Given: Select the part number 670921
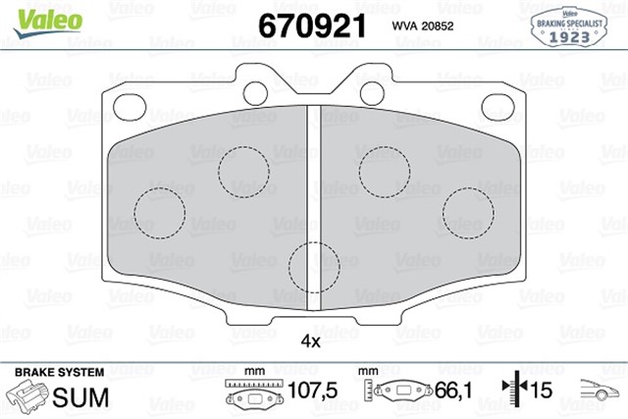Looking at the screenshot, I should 312,25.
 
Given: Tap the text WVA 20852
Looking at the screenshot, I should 423,26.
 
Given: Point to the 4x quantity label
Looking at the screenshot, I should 311,341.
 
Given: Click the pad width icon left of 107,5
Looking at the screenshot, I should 253,393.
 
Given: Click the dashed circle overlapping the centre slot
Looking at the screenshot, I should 315,264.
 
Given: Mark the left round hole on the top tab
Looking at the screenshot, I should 257,92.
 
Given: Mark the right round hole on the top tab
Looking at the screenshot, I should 372,92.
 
